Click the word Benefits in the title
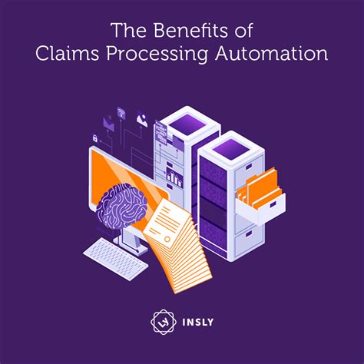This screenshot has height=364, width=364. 190,30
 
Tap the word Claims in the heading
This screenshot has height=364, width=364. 68,54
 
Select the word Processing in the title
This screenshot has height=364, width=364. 157,55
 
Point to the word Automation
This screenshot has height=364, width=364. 271,54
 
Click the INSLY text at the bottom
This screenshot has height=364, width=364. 198,322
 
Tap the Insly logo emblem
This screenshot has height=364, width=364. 164,322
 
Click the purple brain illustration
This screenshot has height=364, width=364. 121,206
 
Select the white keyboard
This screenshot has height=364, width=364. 116,259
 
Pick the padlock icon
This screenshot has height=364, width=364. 95,138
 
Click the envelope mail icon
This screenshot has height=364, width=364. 109,124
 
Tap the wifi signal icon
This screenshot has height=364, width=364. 121,113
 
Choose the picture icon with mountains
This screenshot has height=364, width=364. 142,119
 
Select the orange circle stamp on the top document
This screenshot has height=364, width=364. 167,240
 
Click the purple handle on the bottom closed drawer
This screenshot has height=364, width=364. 249,233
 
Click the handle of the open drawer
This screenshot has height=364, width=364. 273,204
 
